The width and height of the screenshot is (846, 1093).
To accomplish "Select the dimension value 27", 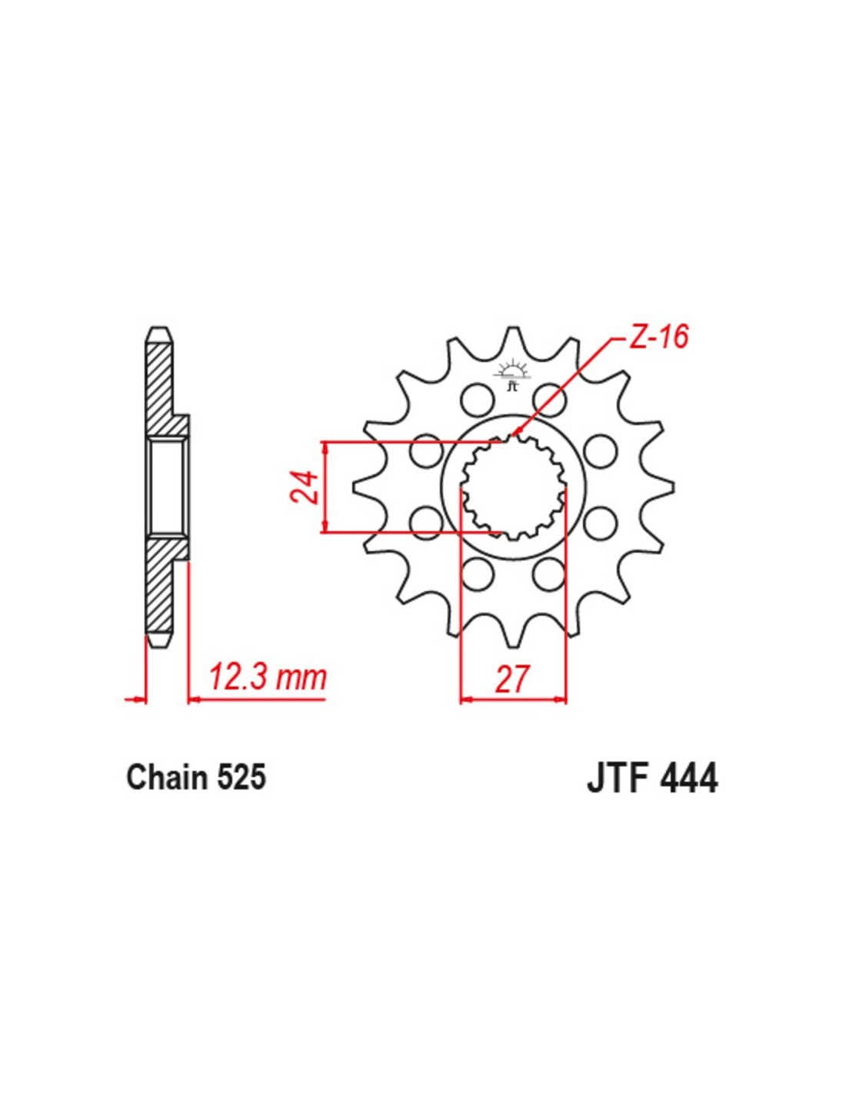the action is pos(513,679).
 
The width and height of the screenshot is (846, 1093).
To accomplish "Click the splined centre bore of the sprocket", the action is pos(513,487).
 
